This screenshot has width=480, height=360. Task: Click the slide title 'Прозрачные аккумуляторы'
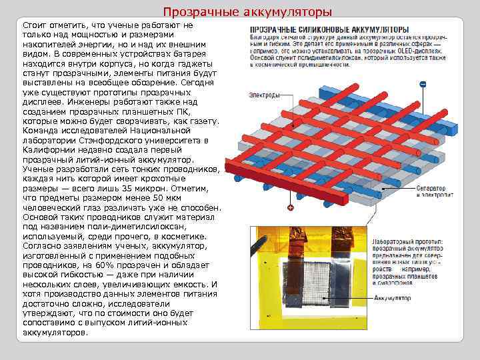247,12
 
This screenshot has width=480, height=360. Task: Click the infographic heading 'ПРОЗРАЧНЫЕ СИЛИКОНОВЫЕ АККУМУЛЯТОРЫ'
329,30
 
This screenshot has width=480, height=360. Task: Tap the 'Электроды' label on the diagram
264,95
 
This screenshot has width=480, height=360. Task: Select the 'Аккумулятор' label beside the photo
393,297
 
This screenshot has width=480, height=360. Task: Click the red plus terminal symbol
291,208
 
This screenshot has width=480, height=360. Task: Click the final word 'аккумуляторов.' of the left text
55,331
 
